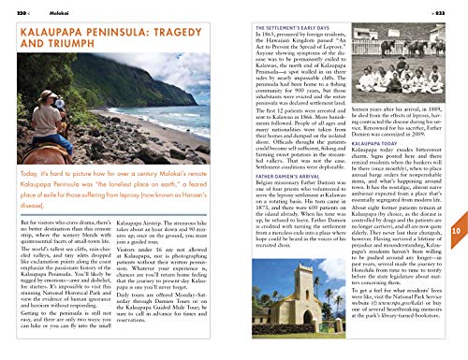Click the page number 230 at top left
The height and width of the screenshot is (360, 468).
pos(11,7)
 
